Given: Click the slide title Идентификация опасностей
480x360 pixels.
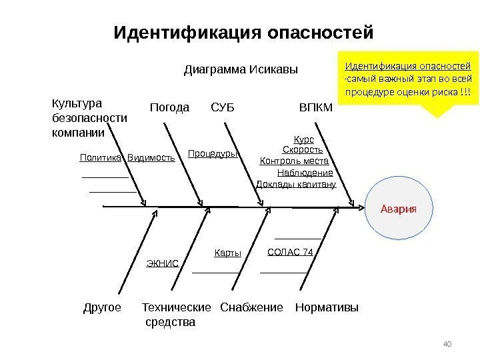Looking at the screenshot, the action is [243, 32].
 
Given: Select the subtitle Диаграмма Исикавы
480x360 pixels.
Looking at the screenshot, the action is [240, 70].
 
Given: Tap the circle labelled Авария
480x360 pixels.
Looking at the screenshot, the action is [398, 208].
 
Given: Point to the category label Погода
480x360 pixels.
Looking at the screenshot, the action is [169, 107].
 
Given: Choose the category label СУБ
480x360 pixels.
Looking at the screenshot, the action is [223, 107].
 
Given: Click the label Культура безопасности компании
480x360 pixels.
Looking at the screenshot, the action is [89, 119].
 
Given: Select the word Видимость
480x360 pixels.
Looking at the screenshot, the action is [151, 158].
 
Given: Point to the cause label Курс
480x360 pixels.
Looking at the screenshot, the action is [303, 141].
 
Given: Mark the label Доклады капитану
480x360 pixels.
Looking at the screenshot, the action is [296, 184].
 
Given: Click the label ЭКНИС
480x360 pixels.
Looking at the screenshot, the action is [162, 263].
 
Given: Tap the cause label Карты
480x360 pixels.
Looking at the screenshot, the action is [227, 253].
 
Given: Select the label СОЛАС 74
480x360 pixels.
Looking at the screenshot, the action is [290, 252].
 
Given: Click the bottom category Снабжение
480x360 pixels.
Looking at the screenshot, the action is [252, 308].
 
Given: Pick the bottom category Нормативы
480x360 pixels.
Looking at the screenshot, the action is [326, 308].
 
